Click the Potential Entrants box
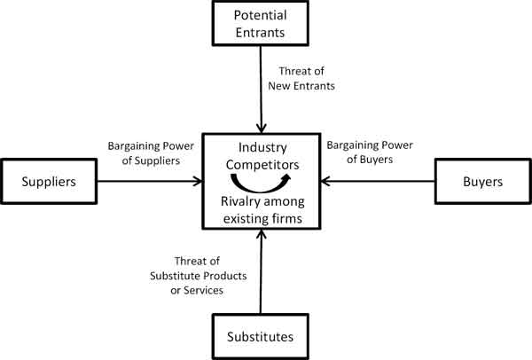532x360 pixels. click(261, 25)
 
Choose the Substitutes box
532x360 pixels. click(261, 336)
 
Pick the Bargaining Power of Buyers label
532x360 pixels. click(364, 153)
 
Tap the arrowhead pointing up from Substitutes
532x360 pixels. click(261, 235)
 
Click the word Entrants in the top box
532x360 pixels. click(261, 34)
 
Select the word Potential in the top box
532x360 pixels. click(261, 16)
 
